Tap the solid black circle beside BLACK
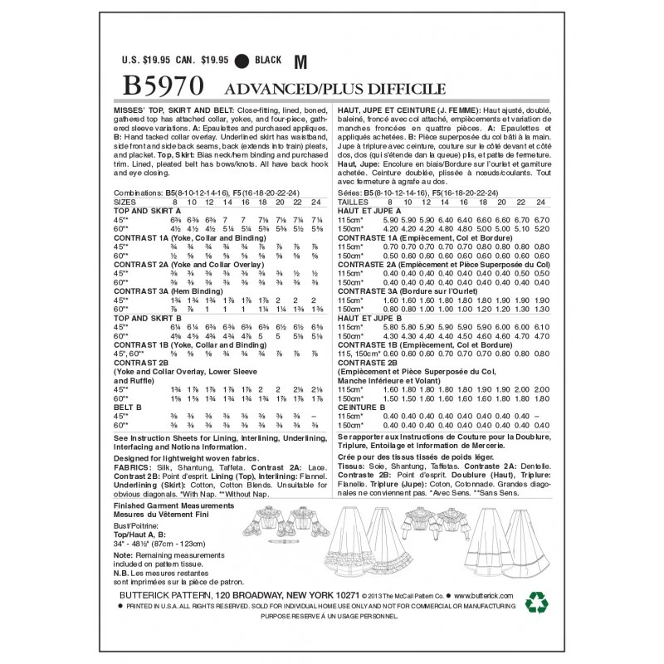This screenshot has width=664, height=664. tap(242, 61)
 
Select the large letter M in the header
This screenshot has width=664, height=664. tap(300, 60)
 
